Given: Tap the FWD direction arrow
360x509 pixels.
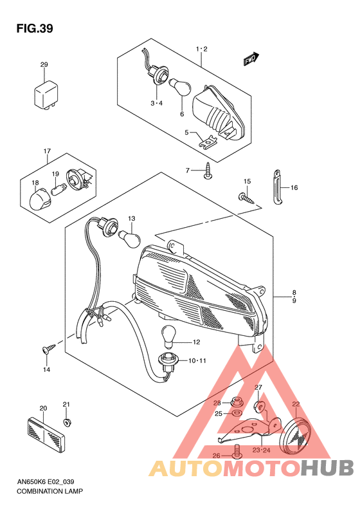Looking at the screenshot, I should [x=251, y=59].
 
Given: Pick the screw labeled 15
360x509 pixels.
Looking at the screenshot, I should [x=245, y=198].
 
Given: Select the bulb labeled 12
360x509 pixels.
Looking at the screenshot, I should [x=169, y=335].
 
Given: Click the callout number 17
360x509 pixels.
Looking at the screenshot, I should [x=47, y=153].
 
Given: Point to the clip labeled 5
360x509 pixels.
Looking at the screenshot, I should [x=207, y=142].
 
